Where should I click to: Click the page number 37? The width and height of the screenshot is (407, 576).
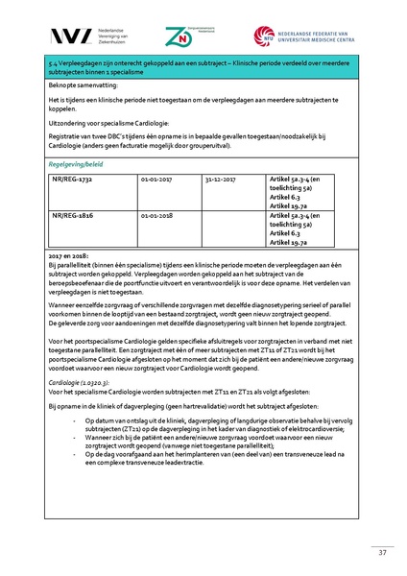pyautogui.click(x=381, y=553)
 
